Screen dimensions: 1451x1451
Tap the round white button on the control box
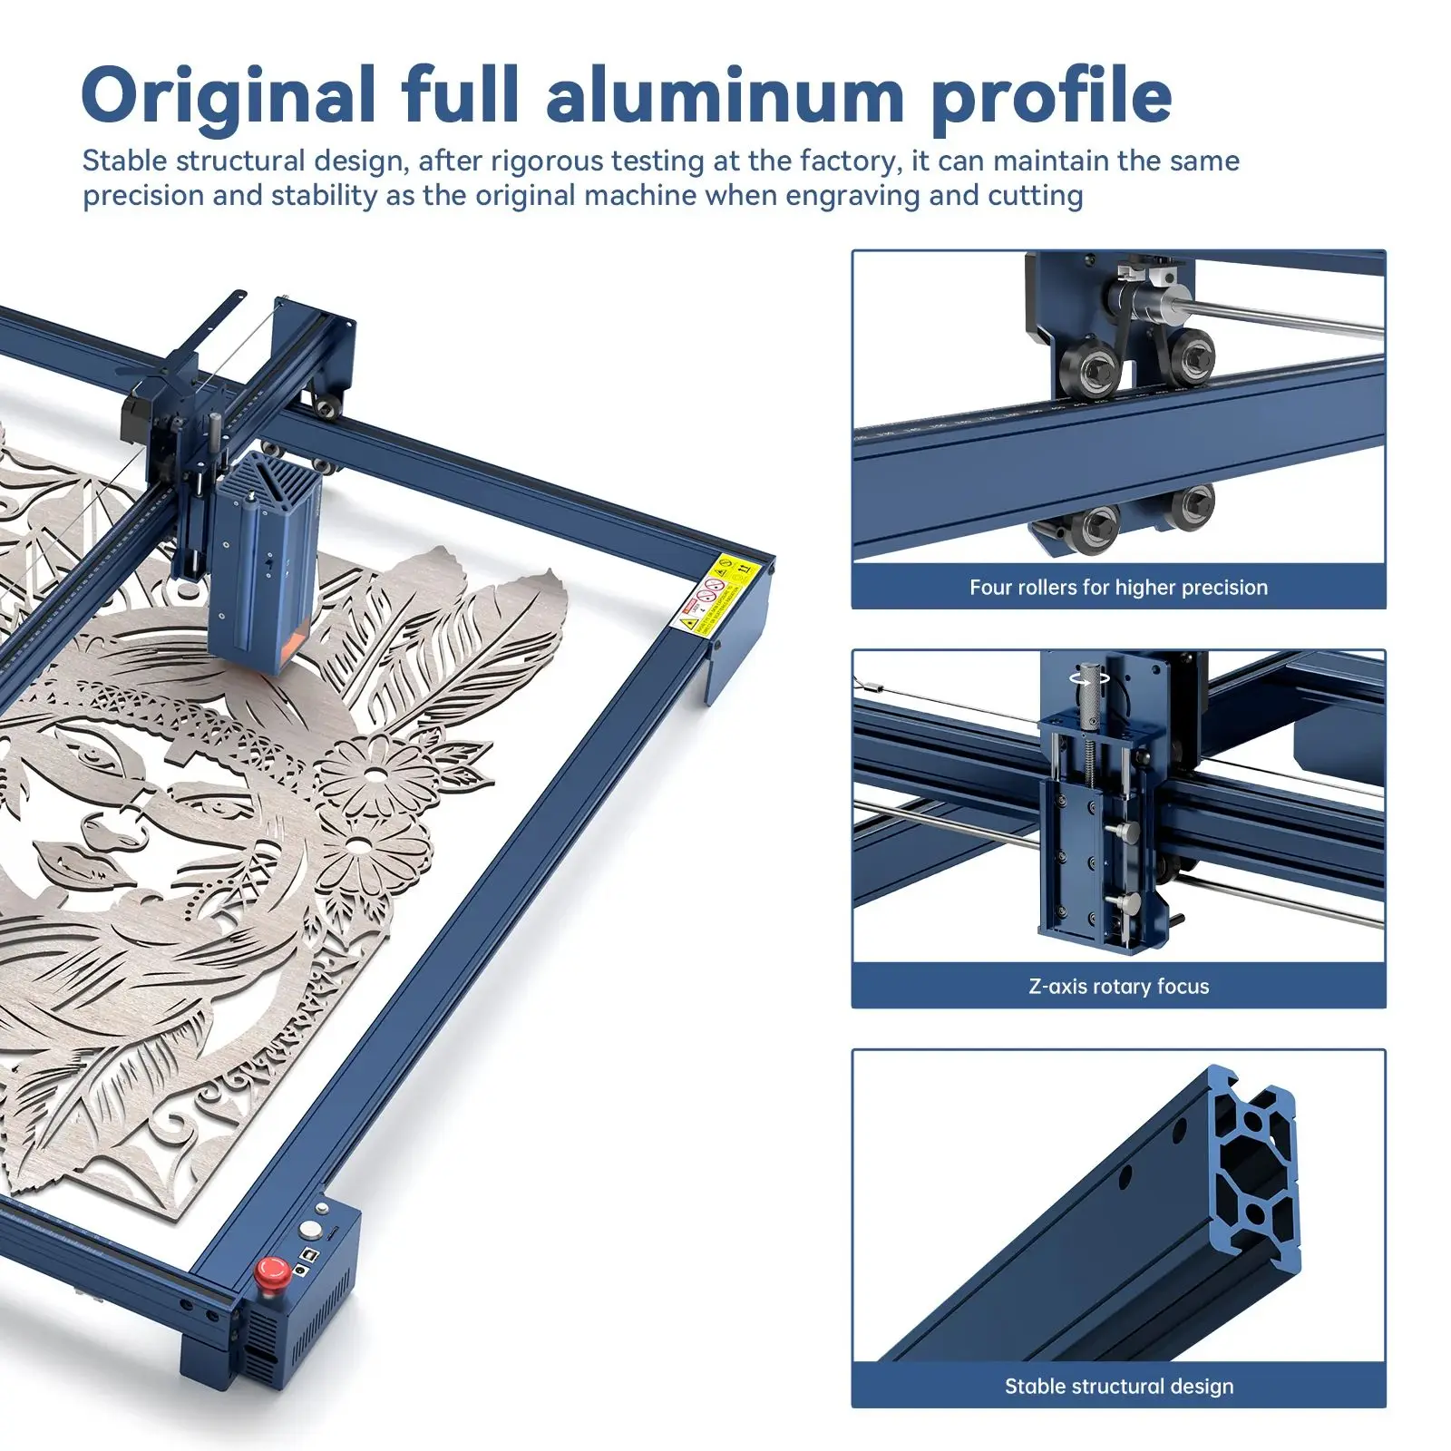point(311,1231)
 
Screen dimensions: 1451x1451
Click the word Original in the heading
point(228,95)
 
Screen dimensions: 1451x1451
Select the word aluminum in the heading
point(725,95)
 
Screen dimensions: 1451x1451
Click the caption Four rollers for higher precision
point(1118,588)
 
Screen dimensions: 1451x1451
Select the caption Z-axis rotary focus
point(1118,987)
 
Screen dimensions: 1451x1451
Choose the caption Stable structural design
point(1118,1386)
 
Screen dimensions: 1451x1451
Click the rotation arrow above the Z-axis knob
point(1089,677)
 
